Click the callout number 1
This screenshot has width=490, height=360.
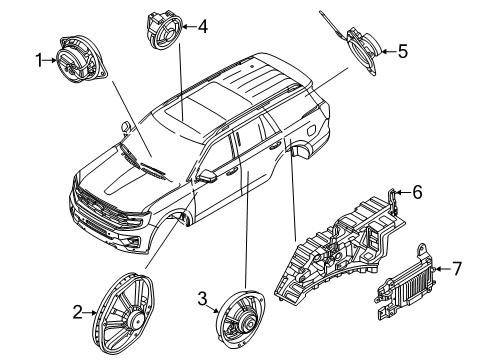[x=39, y=60]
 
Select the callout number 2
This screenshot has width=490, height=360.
[x=77, y=312]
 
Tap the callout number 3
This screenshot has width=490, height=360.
[x=202, y=298]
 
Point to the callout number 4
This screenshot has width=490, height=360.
[x=203, y=26]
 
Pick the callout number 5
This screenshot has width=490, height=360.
[x=403, y=51]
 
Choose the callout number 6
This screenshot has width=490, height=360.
[x=417, y=192]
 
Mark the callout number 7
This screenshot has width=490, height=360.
[x=457, y=268]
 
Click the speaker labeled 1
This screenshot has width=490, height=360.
[x=81, y=59]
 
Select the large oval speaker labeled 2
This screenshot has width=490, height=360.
[x=124, y=312]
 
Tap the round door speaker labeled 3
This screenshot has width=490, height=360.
[x=240, y=318]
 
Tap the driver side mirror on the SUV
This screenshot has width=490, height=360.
[x=207, y=176]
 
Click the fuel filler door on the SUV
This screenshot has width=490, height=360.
[x=311, y=129]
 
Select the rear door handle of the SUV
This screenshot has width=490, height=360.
[x=275, y=145]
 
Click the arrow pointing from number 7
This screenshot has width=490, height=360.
[x=443, y=269]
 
